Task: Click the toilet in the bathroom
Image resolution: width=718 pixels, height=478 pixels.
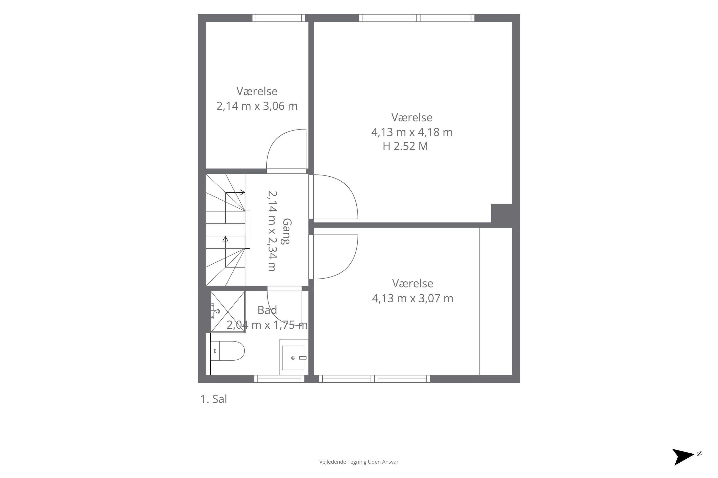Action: tap(227, 351)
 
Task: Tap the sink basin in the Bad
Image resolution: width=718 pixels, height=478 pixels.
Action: tap(293, 358)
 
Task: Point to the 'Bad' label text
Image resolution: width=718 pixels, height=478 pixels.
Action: tap(267, 310)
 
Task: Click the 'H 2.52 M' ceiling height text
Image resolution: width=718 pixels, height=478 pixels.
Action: tap(405, 146)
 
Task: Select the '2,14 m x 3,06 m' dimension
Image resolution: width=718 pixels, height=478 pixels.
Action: tap(257, 106)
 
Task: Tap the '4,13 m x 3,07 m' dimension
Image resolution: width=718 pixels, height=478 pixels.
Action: tap(412, 298)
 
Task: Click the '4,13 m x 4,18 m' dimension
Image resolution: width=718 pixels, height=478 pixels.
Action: tap(412, 132)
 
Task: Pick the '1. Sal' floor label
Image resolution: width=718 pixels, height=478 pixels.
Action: tap(214, 399)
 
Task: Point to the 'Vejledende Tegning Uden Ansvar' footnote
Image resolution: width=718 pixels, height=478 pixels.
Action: tap(359, 462)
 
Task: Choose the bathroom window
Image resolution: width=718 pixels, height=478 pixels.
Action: tap(279, 379)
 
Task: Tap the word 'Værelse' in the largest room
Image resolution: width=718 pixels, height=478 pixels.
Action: tap(412, 117)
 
